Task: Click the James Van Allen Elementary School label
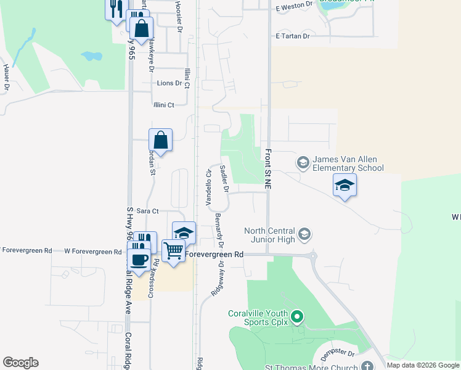pyautogui.click(x=348, y=163)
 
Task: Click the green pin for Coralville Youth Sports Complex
pyautogui.click(x=297, y=317)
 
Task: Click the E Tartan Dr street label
pyautogui.click(x=292, y=36)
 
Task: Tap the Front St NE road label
pyautogui.click(x=269, y=168)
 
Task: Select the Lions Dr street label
pyautogui.click(x=169, y=83)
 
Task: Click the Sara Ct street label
pyautogui.click(x=139, y=211)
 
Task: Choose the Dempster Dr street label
pyautogui.click(x=338, y=355)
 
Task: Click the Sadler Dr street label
pyautogui.click(x=224, y=178)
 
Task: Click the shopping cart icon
pyautogui.click(x=174, y=250)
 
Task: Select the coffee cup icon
pyautogui.click(x=139, y=258)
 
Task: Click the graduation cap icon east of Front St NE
pyautogui.click(x=345, y=184)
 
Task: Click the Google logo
pyautogui.click(x=20, y=363)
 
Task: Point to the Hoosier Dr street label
pyautogui.click(x=179, y=16)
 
